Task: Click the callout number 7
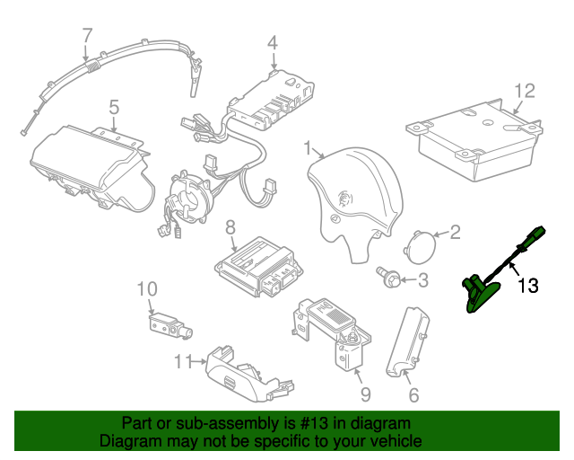click(x=88, y=36)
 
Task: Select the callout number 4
click(x=273, y=42)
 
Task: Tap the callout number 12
click(x=525, y=91)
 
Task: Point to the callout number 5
click(x=114, y=107)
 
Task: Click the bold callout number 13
click(x=528, y=286)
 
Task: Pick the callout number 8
click(x=230, y=227)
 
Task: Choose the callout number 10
click(x=147, y=289)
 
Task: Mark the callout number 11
click(x=183, y=362)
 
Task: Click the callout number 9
click(x=366, y=394)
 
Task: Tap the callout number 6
click(x=413, y=395)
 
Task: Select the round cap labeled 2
click(x=421, y=247)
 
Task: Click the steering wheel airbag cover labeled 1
click(x=354, y=202)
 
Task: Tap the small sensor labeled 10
click(x=170, y=326)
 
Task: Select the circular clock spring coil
click(x=187, y=196)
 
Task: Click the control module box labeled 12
click(x=474, y=140)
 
